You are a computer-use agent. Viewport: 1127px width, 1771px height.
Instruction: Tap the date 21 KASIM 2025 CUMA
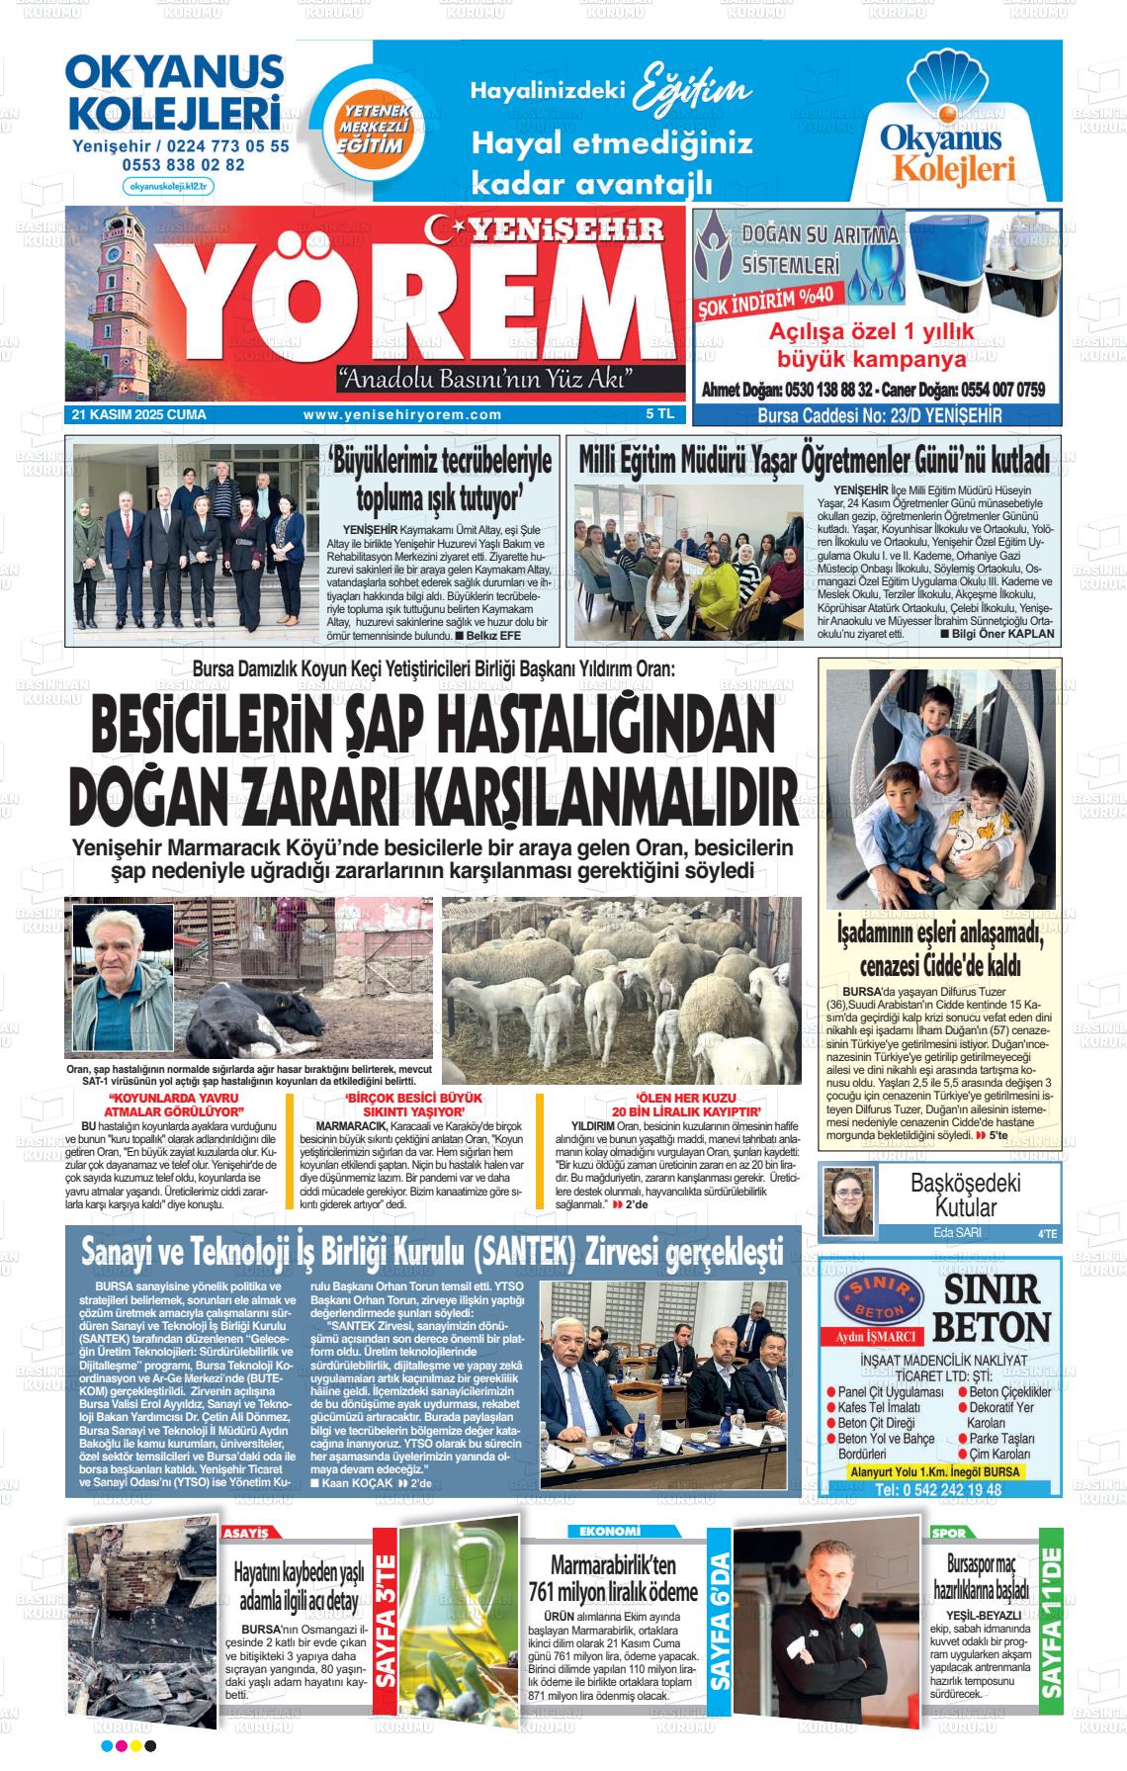click(139, 415)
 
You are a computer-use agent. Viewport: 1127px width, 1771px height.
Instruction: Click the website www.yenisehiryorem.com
click(402, 415)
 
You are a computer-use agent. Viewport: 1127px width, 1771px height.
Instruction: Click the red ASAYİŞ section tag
click(247, 1533)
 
